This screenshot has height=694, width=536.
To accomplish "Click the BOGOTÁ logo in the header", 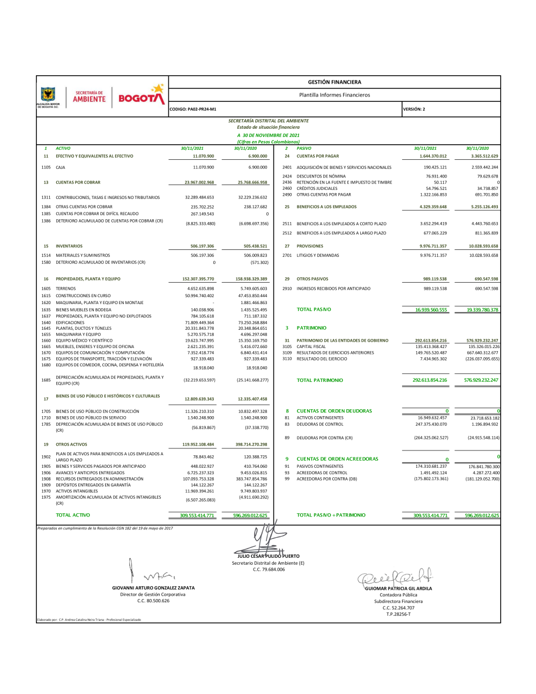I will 141,97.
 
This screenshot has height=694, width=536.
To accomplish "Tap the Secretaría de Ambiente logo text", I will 89,97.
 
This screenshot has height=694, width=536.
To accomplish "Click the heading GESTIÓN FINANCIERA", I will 334,82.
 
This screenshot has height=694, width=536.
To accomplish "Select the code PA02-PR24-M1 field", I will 193,109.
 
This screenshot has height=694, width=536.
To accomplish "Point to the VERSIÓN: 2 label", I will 414,109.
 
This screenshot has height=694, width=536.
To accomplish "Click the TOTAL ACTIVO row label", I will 73,515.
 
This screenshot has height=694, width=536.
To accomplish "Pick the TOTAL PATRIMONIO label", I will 320,380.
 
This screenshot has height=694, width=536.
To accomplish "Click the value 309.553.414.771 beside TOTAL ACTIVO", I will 197,515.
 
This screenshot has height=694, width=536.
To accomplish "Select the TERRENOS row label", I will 66,289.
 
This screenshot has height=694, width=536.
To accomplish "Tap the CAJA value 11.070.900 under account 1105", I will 203,167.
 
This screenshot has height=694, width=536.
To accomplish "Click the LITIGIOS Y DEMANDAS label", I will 318,255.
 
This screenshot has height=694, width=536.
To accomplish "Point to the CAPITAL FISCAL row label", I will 311,346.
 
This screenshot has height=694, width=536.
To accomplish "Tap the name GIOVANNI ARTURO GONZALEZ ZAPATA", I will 153,588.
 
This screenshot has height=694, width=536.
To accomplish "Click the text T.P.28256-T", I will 398,614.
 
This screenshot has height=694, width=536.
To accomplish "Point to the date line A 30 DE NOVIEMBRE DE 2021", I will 269,135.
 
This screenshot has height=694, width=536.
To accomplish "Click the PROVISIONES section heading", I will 310,246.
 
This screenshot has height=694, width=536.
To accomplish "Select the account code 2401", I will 287,167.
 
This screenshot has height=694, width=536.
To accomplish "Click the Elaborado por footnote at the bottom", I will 89,619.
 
